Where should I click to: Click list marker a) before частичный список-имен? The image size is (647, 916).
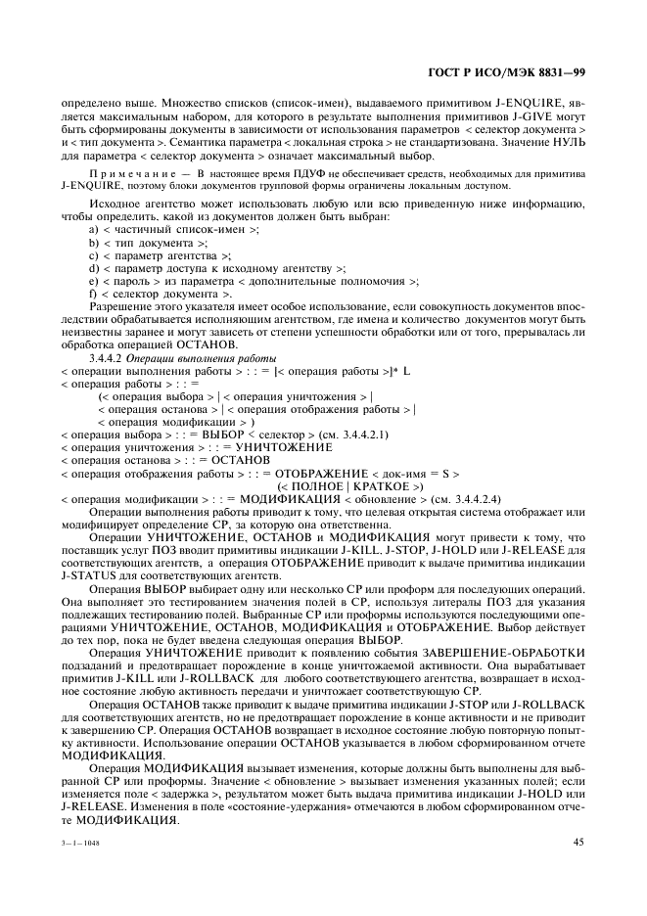94,228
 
